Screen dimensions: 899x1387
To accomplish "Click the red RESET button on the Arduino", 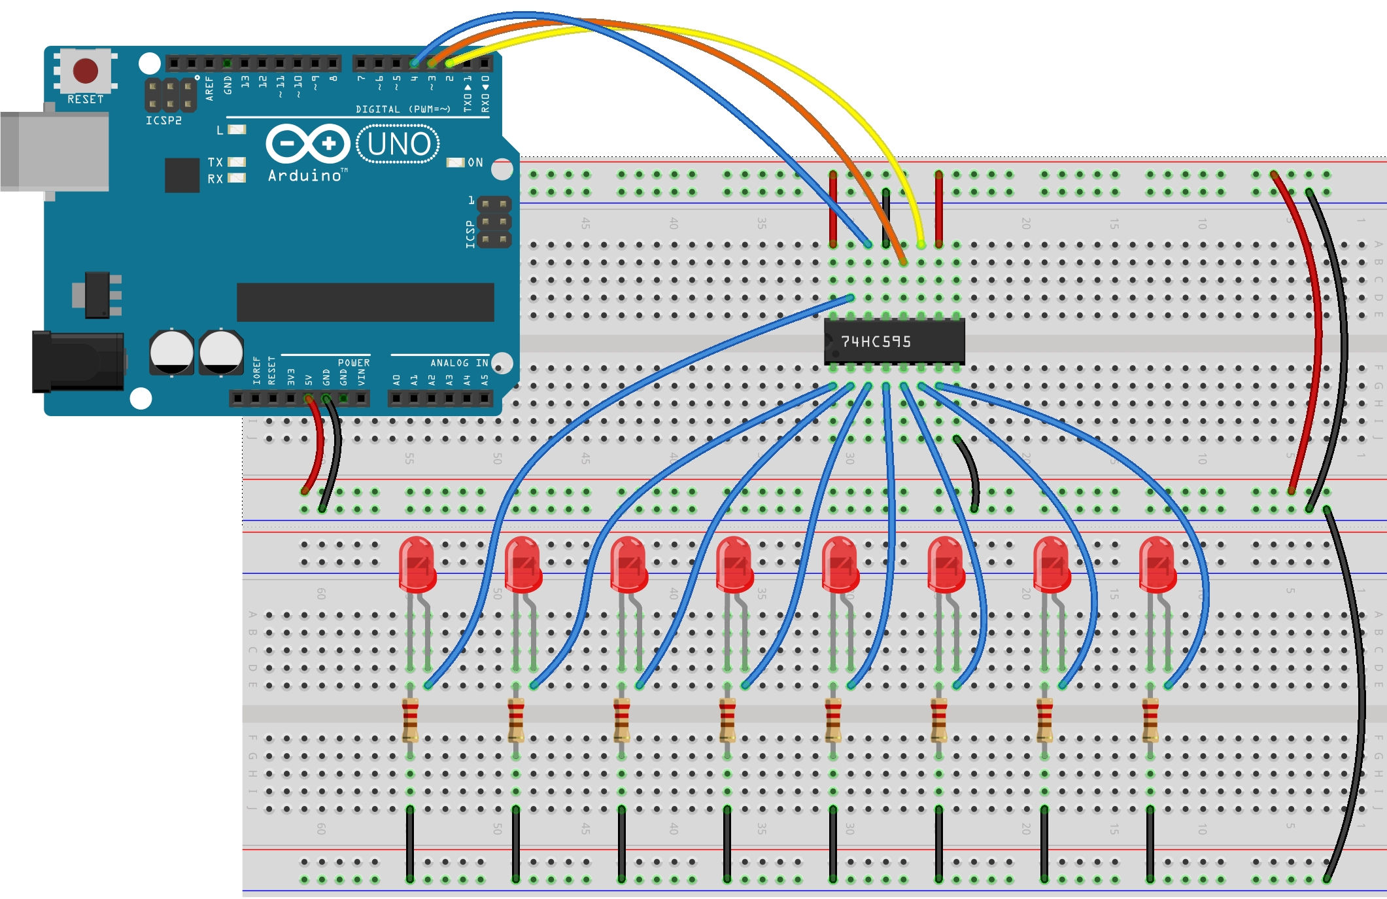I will (x=86, y=70).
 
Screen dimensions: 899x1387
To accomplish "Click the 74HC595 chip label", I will (x=876, y=342).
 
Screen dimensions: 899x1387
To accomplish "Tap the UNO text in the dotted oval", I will (x=398, y=144).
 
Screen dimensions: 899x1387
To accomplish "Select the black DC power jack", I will (x=78, y=362).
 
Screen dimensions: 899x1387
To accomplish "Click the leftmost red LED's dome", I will (x=417, y=561).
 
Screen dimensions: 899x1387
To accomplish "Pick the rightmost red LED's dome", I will (x=1157, y=561).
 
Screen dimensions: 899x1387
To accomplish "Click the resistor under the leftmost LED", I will (x=410, y=719).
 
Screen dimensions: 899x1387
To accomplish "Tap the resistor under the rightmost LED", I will (x=1150, y=719).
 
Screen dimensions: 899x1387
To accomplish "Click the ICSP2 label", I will (x=163, y=120).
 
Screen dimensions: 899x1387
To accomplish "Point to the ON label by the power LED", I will (x=475, y=162).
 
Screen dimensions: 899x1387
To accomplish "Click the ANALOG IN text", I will (x=459, y=362).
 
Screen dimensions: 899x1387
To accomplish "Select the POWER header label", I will (x=354, y=362).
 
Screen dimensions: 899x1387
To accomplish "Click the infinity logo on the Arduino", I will (x=308, y=143).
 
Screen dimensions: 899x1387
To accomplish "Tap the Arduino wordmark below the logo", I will (x=305, y=175).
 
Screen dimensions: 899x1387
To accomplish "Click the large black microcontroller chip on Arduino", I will (x=365, y=302).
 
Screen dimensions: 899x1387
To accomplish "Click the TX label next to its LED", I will (x=215, y=162).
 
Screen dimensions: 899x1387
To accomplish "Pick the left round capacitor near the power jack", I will (x=171, y=352).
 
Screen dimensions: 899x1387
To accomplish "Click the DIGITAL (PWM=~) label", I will (x=403, y=109).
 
